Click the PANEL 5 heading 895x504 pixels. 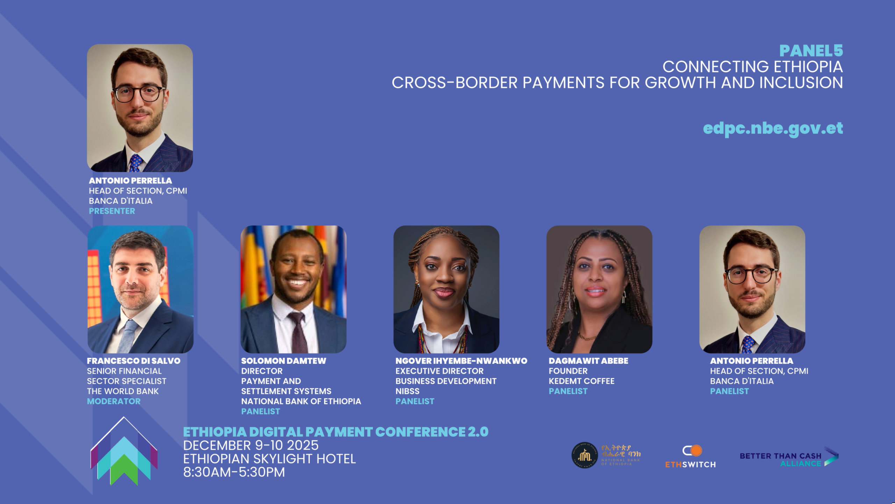click(811, 51)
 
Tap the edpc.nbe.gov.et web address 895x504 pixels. click(773, 129)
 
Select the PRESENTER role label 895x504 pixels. click(112, 211)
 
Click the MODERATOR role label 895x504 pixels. click(114, 401)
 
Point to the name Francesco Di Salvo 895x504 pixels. click(134, 361)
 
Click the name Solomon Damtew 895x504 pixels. click(284, 361)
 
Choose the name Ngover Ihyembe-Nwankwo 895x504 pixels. click(461, 361)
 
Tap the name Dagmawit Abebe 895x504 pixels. click(588, 361)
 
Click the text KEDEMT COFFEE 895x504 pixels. click(581, 381)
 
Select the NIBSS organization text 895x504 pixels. click(407, 391)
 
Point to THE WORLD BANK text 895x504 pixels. click(123, 391)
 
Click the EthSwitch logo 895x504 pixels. click(690, 456)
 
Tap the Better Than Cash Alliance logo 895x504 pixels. click(789, 457)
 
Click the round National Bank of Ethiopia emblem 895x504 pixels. click(585, 455)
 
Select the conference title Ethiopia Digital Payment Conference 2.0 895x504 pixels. click(336, 432)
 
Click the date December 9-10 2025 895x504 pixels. click(251, 445)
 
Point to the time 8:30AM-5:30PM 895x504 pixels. click(234, 472)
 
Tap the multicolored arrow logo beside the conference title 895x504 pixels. click(124, 451)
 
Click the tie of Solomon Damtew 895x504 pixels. click(298, 332)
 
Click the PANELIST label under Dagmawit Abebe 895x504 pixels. click(568, 391)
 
